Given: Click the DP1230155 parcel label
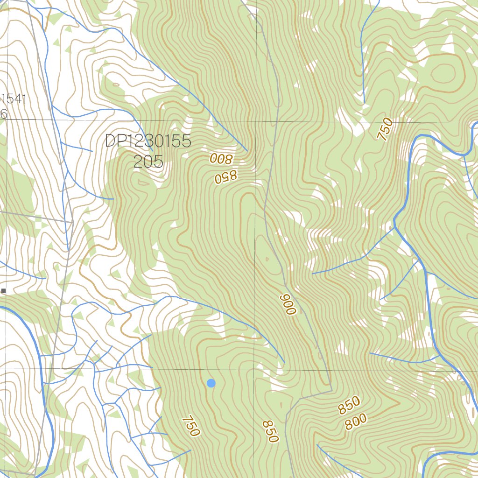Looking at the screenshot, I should click(148, 141).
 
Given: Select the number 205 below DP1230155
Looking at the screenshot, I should click(148, 162).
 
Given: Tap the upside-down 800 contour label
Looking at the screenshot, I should click(221, 159).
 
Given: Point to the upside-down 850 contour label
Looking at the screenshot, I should click(226, 176).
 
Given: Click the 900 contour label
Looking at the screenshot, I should click(288, 304).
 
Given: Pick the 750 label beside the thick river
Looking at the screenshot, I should click(385, 129).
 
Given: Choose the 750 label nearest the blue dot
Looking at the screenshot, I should click(191, 426).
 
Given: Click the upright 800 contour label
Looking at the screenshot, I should click(356, 422).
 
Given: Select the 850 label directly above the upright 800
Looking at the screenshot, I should click(349, 405).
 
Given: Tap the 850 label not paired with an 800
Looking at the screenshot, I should click(270, 431).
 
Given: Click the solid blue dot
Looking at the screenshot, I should click(211, 383).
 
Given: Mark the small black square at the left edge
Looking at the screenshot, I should click(4, 291).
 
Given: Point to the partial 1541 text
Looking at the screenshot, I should click(14, 99).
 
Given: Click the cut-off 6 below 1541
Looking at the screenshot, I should click(4, 114).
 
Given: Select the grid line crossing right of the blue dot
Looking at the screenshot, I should click(255, 370).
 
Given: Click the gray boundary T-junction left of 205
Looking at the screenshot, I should click(73, 222).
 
